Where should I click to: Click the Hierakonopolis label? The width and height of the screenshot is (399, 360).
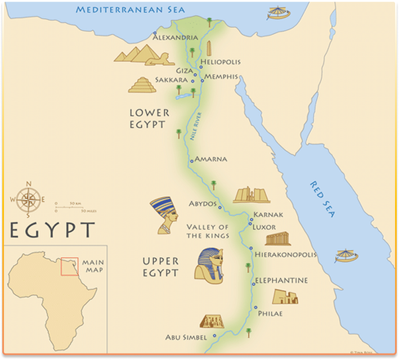[x=286, y=254]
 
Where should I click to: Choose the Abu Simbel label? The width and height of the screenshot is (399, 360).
[x=186, y=337]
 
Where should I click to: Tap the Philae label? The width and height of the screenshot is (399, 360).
[x=270, y=313]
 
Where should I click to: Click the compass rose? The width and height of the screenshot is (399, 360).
[x=27, y=199]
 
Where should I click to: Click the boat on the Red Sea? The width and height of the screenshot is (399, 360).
[x=346, y=256]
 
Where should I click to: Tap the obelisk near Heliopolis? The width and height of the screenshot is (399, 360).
[x=208, y=49]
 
